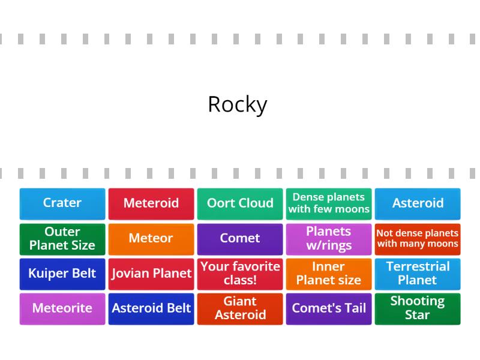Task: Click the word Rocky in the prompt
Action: point(237,104)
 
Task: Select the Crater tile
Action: point(62,203)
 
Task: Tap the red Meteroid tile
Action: point(151,203)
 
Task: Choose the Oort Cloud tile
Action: point(240,203)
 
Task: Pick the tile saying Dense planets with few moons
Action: point(329,203)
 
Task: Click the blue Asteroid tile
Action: point(418,203)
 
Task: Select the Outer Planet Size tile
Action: point(62,239)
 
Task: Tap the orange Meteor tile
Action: point(151,239)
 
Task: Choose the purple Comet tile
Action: point(240,239)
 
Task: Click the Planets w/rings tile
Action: point(329,239)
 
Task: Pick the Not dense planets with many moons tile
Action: point(418,239)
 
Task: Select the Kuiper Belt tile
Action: point(62,274)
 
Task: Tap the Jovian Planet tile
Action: point(151,274)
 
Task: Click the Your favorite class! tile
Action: point(240,274)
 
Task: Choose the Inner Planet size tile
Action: point(329,274)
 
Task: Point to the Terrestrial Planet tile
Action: point(418,274)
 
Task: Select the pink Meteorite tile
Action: point(62,308)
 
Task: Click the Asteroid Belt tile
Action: point(151,308)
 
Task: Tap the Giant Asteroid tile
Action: point(240,308)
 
